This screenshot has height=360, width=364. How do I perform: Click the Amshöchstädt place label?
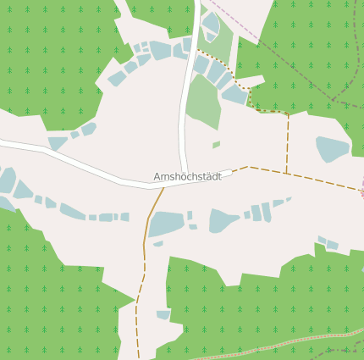[x=187, y=176]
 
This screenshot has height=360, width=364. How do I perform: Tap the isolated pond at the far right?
[x=331, y=148]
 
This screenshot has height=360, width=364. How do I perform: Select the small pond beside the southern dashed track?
[x=163, y=315]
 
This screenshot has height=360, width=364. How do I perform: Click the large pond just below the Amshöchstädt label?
[x=166, y=224]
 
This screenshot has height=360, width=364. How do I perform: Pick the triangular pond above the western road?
[x=58, y=142]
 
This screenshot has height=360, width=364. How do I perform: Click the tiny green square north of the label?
[x=216, y=145]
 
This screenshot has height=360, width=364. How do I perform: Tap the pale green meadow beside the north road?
[x=203, y=102]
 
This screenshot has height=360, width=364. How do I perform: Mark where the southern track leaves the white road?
[x=163, y=188]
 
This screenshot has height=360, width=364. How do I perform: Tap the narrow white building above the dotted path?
[x=251, y=82]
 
